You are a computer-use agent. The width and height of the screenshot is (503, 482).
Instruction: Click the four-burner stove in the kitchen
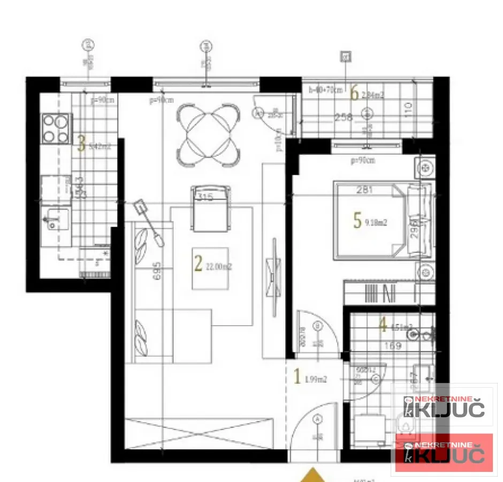[56, 129]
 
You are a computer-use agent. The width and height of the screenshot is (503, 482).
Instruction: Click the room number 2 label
[198, 263]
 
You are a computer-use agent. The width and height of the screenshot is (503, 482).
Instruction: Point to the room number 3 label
[81, 144]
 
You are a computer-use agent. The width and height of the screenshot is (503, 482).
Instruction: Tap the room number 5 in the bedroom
[357, 220]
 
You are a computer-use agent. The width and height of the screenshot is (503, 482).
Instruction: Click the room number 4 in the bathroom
[383, 325]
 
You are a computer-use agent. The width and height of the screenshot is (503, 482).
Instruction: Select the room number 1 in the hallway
[298, 377]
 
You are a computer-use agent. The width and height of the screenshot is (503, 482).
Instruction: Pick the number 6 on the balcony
[354, 94]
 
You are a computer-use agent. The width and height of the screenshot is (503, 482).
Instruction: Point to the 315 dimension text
[206, 198]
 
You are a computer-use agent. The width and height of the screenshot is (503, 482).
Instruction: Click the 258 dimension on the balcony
[344, 117]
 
